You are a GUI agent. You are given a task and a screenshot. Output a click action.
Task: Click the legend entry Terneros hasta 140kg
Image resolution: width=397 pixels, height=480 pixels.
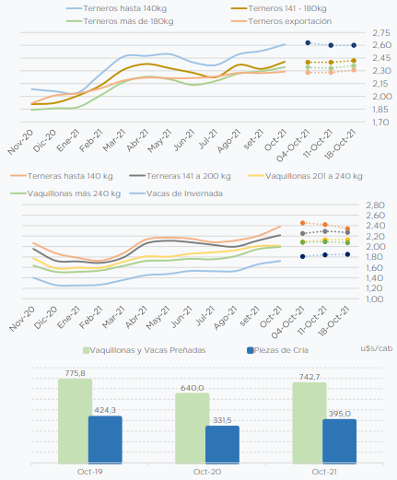coord(117,8)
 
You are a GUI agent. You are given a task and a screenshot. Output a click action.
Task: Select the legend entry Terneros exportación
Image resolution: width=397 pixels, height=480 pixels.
coord(282,21)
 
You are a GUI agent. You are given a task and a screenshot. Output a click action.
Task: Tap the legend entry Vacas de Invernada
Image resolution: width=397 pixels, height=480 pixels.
coord(176,193)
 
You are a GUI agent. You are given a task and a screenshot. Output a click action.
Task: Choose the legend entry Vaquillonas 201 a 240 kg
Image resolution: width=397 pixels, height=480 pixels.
coord(306,176)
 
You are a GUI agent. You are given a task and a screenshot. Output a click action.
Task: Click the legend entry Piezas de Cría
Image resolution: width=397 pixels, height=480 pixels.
coord(278,350)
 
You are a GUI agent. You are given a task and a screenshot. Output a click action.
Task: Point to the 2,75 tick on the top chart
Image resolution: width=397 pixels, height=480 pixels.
coord(381,32)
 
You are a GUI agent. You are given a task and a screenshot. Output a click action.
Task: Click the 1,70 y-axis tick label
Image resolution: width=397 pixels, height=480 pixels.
coord(381,123)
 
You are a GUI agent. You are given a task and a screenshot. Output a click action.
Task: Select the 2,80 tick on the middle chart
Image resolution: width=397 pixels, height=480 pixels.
coord(375,205)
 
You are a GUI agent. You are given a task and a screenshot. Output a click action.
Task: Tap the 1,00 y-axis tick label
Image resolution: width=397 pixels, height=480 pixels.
coord(375,299)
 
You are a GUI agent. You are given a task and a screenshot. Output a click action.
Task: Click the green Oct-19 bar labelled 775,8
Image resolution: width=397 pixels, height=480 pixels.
coord(75,421)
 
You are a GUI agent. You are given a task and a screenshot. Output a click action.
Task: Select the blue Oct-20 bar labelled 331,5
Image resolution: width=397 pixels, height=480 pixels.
coord(222,444)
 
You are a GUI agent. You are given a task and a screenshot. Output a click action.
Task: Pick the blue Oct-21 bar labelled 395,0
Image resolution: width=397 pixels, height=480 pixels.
coord(339,441)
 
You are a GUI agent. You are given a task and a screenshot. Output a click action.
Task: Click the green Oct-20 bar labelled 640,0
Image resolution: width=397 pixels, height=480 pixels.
coord(193,428)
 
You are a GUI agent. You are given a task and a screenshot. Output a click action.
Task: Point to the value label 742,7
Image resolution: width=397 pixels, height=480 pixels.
coord(309,377)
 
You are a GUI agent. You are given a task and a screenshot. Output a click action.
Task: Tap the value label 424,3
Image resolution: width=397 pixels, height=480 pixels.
coord(105,410)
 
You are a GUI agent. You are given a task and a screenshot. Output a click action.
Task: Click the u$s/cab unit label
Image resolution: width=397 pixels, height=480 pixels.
coord(377,348)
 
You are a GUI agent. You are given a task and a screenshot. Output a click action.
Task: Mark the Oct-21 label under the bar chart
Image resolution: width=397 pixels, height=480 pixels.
coord(324,472)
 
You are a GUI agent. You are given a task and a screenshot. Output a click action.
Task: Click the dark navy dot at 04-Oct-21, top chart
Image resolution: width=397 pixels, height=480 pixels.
coord(308,42)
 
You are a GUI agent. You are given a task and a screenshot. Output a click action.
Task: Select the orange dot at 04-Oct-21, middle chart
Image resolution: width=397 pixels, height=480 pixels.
coord(303,223)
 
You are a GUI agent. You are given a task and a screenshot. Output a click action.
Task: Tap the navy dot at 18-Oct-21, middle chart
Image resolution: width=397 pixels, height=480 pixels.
coord(347,254)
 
